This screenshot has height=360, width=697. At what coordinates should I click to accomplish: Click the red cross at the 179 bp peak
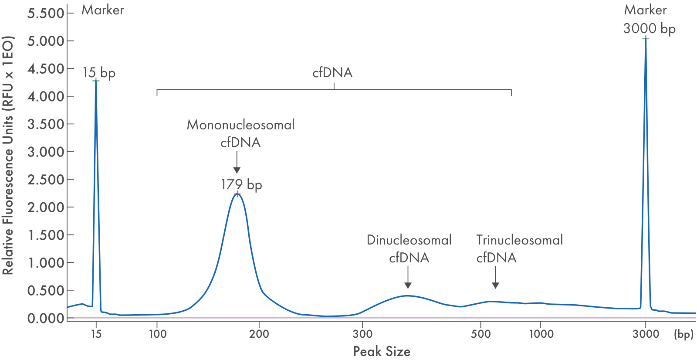237,194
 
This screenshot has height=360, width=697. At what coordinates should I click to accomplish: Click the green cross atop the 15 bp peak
96,81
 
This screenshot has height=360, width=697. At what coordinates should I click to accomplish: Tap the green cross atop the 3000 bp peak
646,39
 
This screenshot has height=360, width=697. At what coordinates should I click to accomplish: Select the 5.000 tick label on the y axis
46,41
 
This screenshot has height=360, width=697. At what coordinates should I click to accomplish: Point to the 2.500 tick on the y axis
46,180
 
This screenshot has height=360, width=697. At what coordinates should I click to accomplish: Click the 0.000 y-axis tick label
46,318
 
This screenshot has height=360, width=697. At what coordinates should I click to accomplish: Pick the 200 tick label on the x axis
259,334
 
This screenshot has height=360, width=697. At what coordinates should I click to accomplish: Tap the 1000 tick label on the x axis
541,334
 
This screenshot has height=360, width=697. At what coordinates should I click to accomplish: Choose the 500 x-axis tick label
480,334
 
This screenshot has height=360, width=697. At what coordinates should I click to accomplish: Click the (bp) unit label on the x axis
683,334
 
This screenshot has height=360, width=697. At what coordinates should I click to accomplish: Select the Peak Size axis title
382,351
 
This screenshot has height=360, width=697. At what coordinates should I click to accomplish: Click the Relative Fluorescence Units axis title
8,155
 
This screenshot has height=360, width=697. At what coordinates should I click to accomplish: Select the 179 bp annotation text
241,184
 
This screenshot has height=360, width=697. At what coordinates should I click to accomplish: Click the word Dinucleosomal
409,240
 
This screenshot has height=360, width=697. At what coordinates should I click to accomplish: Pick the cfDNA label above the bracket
332,72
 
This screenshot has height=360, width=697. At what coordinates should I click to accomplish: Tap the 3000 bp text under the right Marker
649,29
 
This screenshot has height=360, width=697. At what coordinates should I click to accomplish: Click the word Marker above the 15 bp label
103,10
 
